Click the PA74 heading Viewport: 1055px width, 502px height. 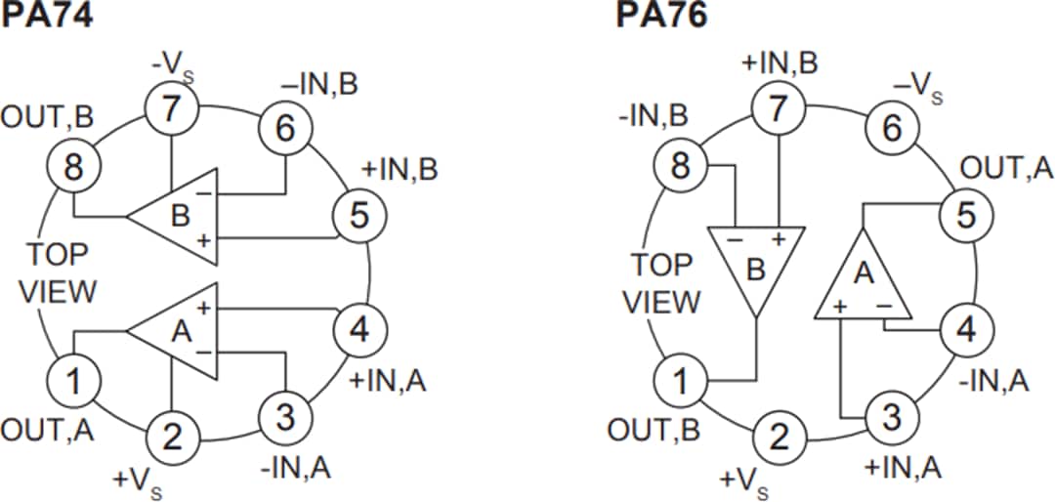click(46, 17)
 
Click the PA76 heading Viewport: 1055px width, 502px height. click(660, 17)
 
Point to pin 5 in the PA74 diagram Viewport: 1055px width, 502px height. click(360, 216)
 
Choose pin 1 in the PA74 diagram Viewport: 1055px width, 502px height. click(74, 380)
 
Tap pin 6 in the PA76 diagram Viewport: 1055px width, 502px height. click(892, 128)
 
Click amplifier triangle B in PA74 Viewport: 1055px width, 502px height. click(177, 214)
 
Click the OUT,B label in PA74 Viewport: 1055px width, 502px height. click(47, 118)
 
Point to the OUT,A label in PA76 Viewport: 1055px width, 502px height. click(1006, 168)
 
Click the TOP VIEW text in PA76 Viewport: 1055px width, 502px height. click(661, 283)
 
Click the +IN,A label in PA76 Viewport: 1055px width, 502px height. click(903, 468)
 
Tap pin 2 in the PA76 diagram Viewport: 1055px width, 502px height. click(778, 437)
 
